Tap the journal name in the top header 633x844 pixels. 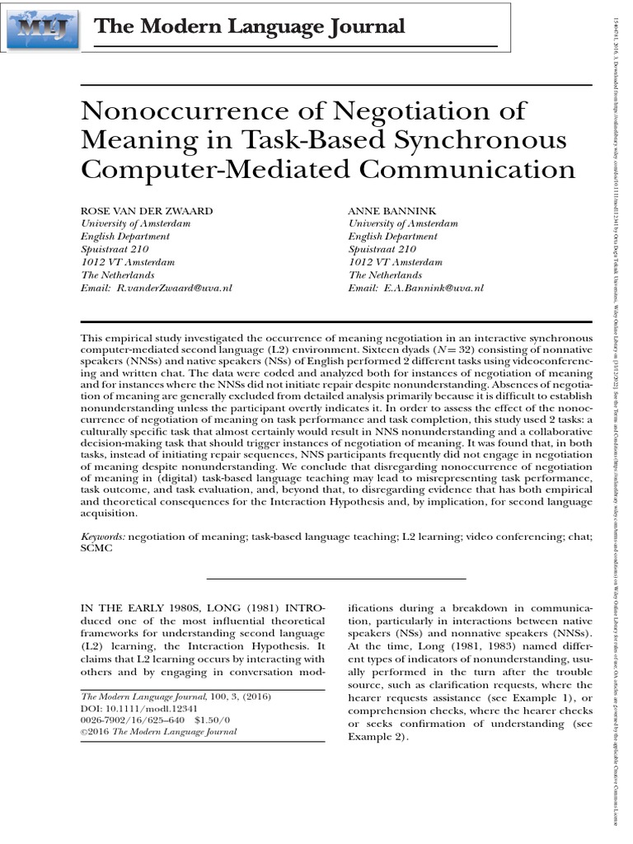(250, 27)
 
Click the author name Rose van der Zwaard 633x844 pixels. (146, 210)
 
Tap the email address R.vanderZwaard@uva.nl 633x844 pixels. (174, 288)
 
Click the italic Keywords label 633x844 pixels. (103, 537)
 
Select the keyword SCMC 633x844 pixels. (95, 549)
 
